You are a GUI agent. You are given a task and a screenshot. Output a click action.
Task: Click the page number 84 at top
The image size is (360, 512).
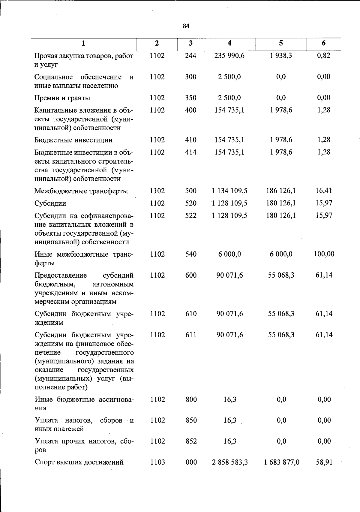(x=186, y=26)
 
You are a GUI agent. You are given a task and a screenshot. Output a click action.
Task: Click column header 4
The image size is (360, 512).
(x=229, y=43)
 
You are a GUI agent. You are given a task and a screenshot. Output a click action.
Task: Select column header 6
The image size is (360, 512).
(x=323, y=43)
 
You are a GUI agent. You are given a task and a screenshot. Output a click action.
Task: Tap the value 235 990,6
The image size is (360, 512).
(x=229, y=56)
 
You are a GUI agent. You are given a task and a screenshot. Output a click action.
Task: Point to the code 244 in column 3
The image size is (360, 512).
(x=190, y=56)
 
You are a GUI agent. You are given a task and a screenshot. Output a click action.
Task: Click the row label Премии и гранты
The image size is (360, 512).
(x=62, y=98)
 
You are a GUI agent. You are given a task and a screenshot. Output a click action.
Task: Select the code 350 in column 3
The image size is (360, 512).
(x=190, y=98)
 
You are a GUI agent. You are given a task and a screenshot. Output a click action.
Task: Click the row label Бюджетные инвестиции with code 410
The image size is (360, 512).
(x=73, y=140)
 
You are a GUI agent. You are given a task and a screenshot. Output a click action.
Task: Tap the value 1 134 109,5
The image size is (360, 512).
(x=229, y=191)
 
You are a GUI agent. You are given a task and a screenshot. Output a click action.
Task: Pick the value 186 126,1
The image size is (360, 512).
(x=281, y=191)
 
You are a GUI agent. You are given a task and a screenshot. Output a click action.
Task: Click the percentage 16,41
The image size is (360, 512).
(x=324, y=191)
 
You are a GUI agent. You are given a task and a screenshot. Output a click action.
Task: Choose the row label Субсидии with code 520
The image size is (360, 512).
(x=50, y=203)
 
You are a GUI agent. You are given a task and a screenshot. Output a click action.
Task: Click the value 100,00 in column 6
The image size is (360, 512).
(x=324, y=254)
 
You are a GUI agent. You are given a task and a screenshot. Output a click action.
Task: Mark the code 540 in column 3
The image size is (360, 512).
(x=191, y=254)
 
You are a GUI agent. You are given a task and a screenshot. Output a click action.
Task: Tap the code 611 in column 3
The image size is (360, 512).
(x=191, y=335)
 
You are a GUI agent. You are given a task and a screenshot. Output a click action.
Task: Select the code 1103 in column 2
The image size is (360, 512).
(x=157, y=462)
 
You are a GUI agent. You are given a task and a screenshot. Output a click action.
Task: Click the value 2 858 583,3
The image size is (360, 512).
(x=230, y=462)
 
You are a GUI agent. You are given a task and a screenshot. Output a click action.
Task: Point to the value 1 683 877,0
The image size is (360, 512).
(x=281, y=462)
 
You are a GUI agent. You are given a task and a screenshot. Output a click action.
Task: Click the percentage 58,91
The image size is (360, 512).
(x=324, y=462)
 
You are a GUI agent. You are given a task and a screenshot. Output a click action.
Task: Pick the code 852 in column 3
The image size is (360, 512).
(x=191, y=441)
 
